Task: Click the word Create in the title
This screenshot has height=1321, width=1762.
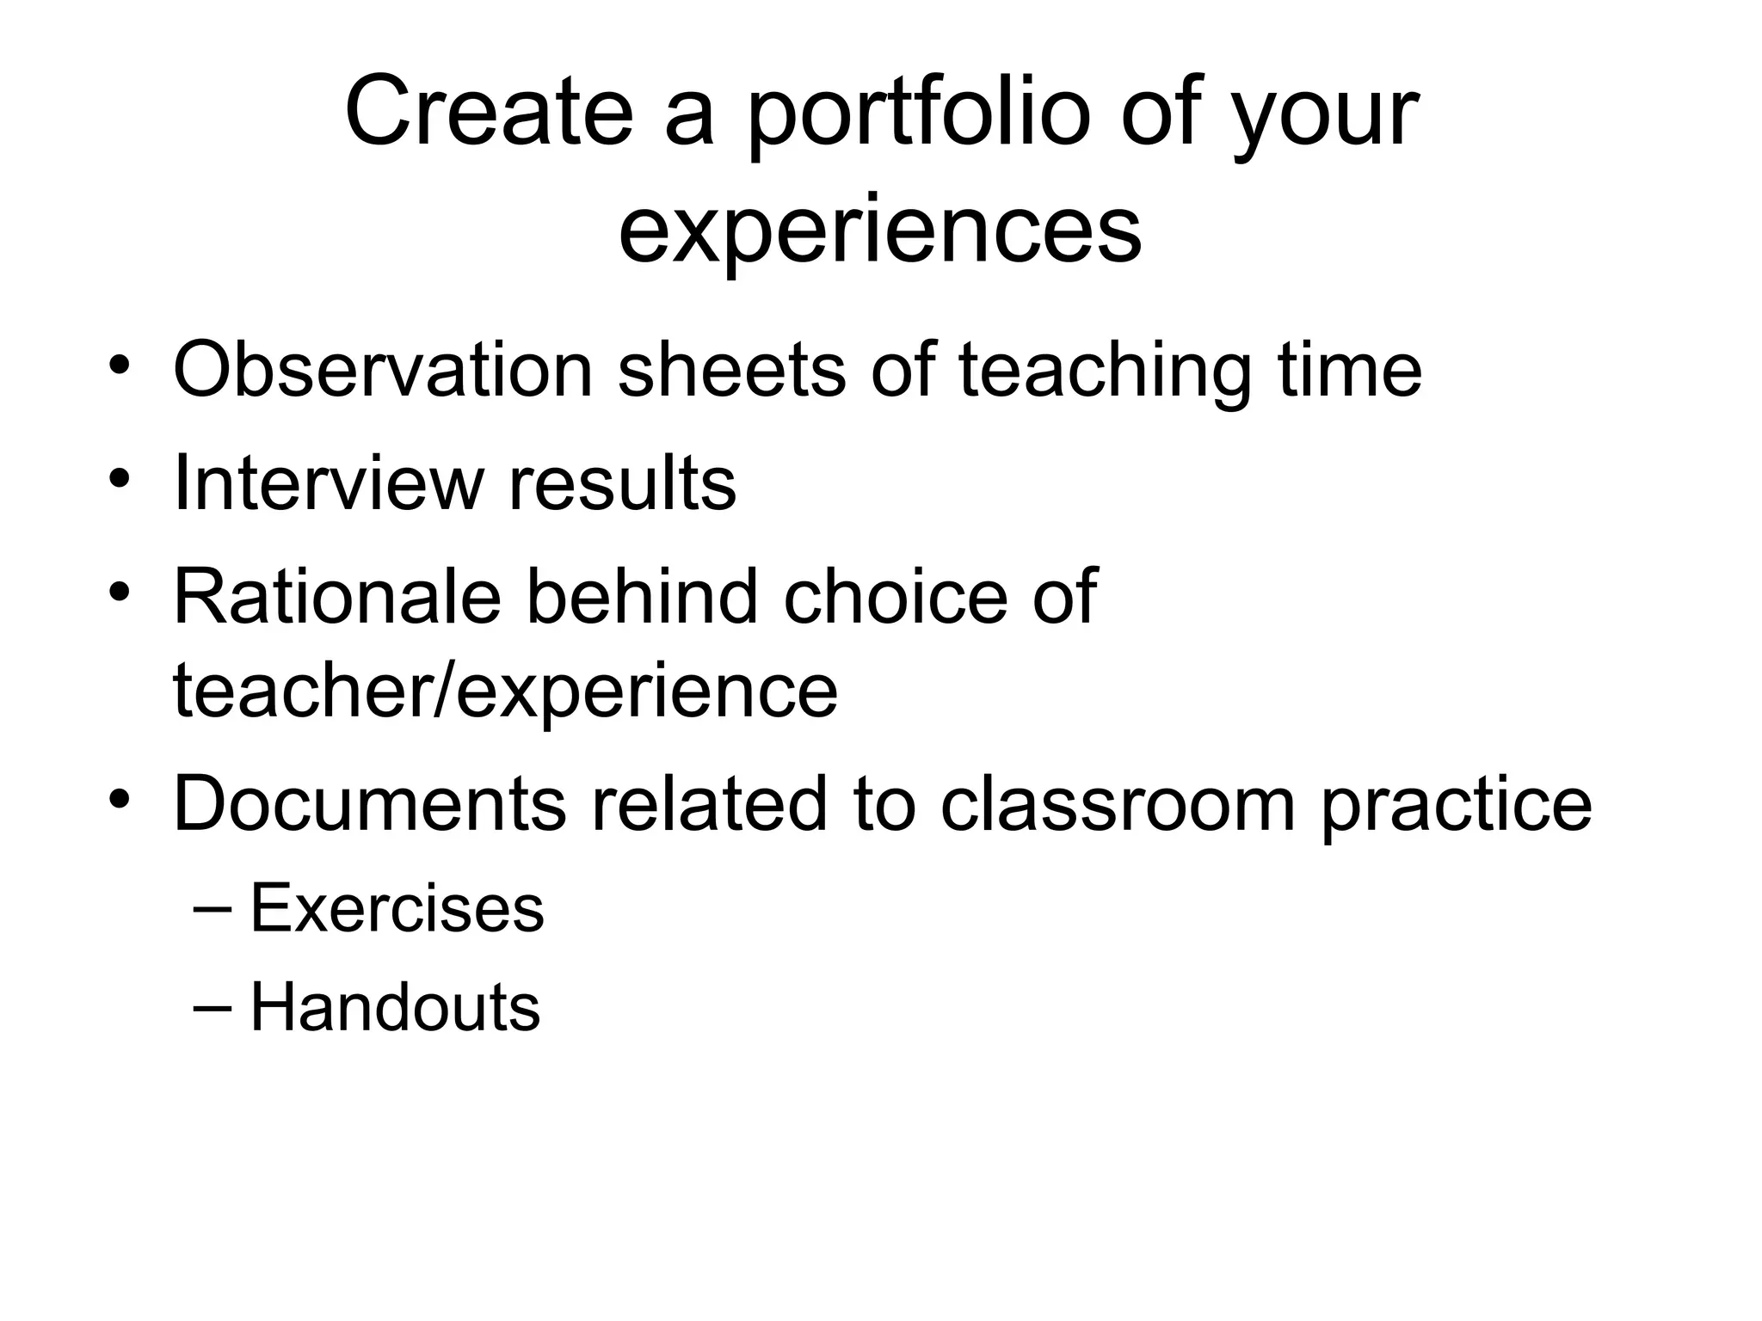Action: [x=488, y=113]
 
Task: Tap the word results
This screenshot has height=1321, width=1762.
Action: [x=622, y=482]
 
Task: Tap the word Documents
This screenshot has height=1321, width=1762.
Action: [x=370, y=803]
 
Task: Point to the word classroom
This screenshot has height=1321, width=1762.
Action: [x=1118, y=803]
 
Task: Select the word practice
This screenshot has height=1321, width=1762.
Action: [x=1456, y=803]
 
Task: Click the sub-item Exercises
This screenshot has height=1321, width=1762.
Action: [x=397, y=908]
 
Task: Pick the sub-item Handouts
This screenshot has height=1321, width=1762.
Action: [x=395, y=1007]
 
